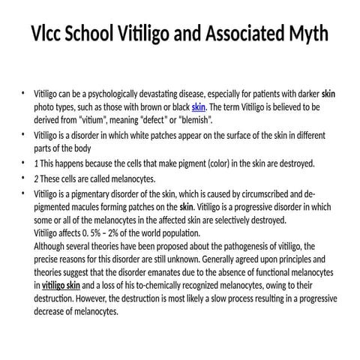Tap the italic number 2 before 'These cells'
[x=36, y=179]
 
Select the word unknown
[x=195, y=258]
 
